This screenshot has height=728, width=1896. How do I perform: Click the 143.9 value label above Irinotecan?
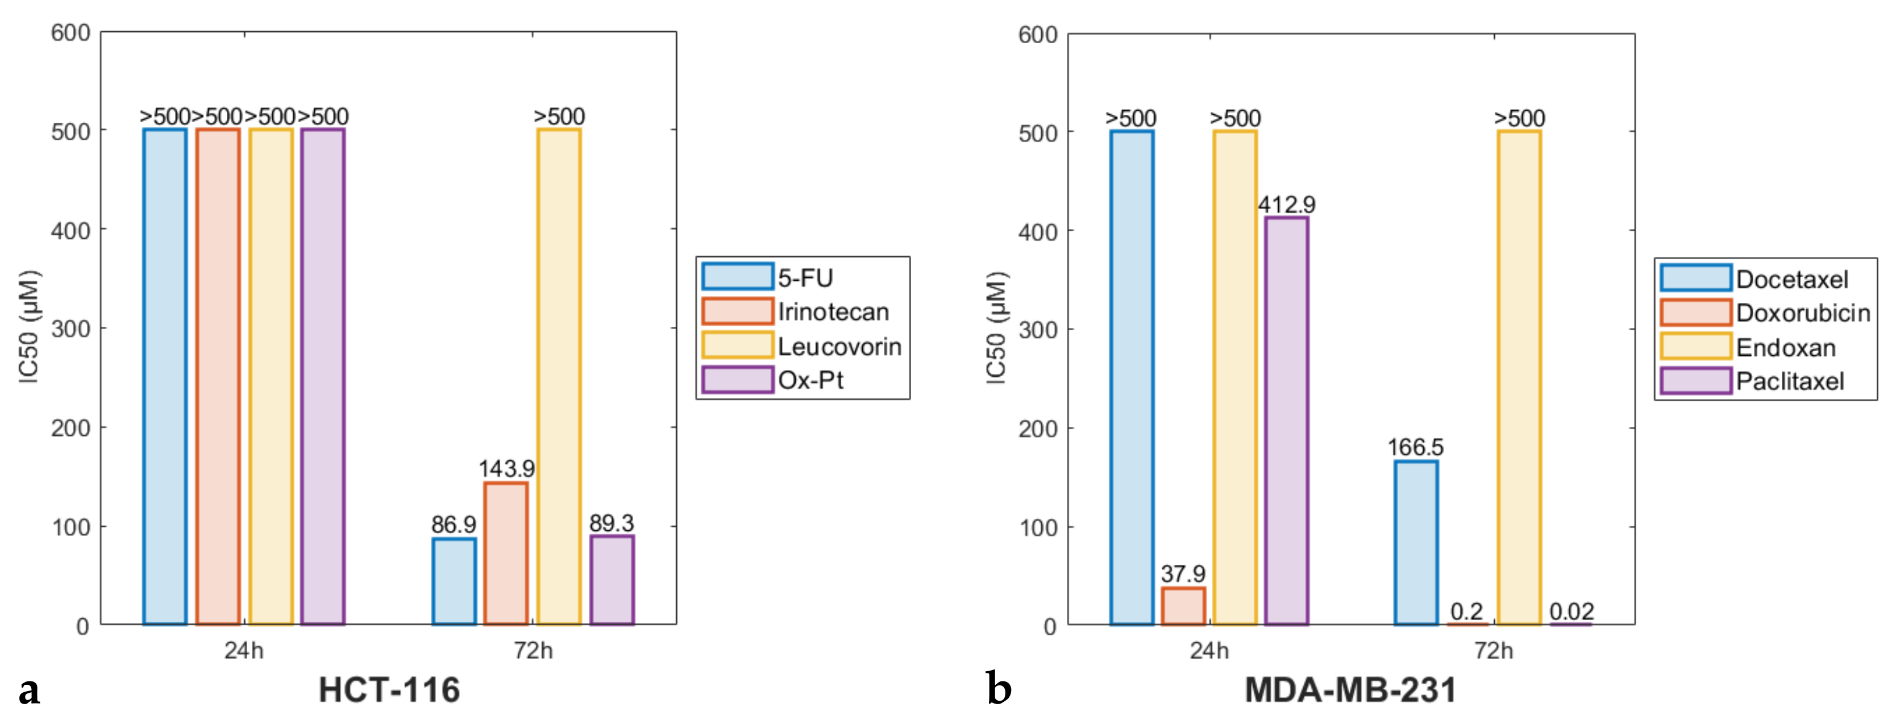click(x=506, y=468)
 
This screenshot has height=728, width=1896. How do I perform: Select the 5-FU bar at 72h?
click(x=454, y=581)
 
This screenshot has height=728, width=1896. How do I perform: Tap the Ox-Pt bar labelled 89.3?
click(x=612, y=580)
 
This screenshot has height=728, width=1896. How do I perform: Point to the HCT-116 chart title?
click(x=389, y=690)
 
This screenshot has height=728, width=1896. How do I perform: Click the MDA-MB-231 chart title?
click(x=1350, y=690)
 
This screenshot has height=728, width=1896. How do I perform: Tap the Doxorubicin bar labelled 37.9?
click(x=1183, y=606)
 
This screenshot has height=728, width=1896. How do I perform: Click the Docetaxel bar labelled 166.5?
click(x=1415, y=543)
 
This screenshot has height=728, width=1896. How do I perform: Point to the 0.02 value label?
click(x=1571, y=611)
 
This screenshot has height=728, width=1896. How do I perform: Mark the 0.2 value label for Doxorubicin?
click(x=1466, y=611)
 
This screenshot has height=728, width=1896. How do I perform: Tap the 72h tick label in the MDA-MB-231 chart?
click(x=1494, y=651)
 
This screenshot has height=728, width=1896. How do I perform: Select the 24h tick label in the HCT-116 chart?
click(x=244, y=651)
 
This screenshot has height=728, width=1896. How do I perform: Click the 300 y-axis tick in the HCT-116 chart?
click(x=70, y=328)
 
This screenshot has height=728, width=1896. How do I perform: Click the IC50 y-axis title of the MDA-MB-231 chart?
click(x=995, y=328)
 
